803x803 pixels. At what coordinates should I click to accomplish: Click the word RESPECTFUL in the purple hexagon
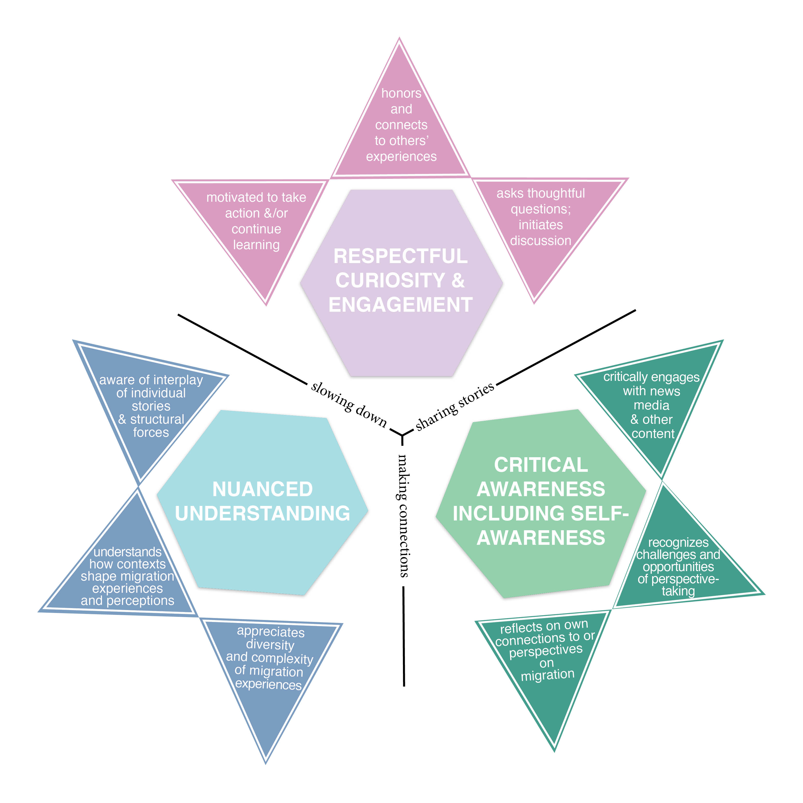pos(400,256)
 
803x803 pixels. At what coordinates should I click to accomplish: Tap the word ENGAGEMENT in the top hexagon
pos(400,305)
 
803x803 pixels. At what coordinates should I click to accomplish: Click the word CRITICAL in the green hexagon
pos(541,465)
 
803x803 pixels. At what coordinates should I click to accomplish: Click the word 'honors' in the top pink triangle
pos(401,93)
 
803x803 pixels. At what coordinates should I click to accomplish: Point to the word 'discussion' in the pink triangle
pos(540,240)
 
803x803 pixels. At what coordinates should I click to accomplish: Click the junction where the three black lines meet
pos(402,435)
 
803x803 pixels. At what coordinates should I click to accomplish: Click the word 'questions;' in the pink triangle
pos(540,209)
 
